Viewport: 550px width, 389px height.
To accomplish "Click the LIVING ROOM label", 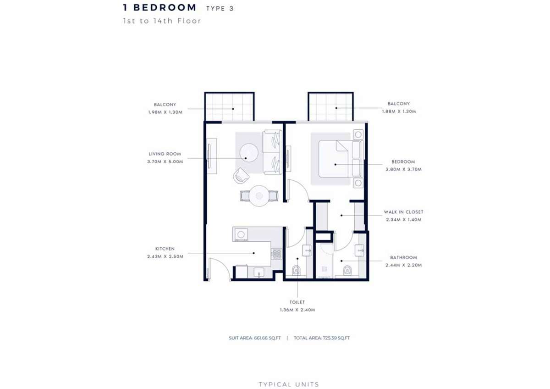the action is pos(165,154).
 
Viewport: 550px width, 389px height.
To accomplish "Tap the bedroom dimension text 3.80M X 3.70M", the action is pos(403,169).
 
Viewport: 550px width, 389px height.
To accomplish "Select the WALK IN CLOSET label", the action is pos(404,212).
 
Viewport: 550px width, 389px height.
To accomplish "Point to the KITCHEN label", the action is pos(165,249).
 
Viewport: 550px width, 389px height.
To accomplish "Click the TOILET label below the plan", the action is pos(297,302).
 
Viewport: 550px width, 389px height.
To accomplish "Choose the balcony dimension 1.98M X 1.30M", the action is pos(165,112).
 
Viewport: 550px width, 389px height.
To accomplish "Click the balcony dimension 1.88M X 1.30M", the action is pos(399,111).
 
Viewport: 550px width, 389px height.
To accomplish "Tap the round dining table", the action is pos(259,196).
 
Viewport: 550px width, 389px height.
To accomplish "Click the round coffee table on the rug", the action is pos(249,153).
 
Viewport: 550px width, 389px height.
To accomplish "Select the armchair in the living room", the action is pos(241,175).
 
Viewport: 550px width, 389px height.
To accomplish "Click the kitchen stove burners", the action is pos(276,254).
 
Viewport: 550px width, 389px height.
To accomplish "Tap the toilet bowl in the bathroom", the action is pos(347,270).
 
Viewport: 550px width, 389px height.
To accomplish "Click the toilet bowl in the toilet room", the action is pos(297,270).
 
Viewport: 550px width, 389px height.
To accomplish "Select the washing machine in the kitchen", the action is pos(241,234).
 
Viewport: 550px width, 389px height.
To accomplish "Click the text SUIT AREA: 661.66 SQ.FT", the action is pos(255,338).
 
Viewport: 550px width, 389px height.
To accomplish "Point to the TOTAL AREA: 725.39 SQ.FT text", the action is pos(322,338).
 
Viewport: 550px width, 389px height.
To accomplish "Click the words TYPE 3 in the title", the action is pos(220,9).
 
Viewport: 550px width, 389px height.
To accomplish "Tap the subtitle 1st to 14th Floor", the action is pos(162,21).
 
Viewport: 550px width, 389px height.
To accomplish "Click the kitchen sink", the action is pos(258,272).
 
